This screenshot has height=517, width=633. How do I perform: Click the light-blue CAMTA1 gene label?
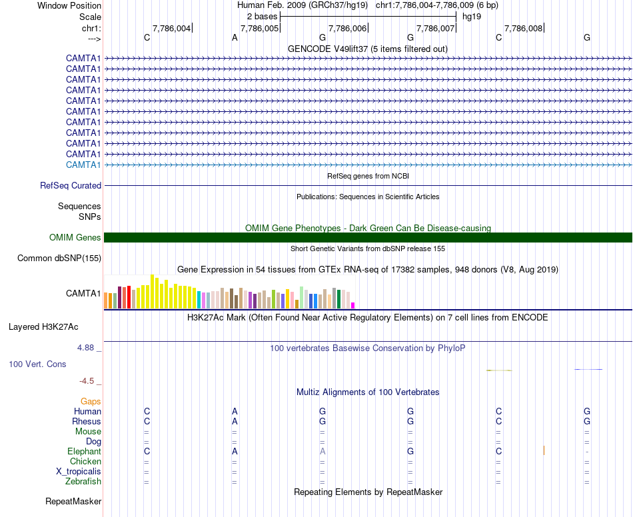coord(83,165)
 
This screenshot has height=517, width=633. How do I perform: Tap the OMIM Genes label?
coord(75,238)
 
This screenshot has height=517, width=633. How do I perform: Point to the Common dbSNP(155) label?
coord(59,258)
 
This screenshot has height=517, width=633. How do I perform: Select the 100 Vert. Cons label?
coord(37,364)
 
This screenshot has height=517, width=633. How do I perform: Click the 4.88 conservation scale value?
coord(87,348)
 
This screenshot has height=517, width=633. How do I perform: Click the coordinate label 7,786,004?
coord(172,29)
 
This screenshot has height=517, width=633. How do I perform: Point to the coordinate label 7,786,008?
coord(524,29)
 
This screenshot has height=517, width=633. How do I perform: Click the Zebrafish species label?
coord(83,482)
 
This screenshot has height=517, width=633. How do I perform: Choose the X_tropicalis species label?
coord(79,472)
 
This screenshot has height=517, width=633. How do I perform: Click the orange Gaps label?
coord(91,402)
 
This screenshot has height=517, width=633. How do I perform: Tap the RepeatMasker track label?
coord(73,502)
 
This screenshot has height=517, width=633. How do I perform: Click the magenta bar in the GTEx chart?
coord(353,306)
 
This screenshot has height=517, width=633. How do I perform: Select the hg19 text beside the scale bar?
coord(472,16)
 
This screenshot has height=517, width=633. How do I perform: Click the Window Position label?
coord(69,5)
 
